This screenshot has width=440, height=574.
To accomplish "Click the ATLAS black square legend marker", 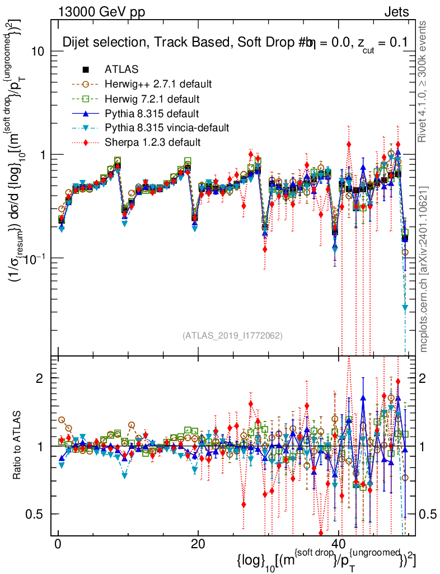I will [x=86, y=70].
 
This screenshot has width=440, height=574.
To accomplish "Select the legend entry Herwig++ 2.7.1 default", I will [x=158, y=84].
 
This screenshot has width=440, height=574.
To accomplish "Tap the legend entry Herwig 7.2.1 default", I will [x=152, y=99].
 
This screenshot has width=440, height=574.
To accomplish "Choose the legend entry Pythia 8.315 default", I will [x=152, y=113].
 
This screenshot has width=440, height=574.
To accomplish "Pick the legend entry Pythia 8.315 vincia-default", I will [x=167, y=128].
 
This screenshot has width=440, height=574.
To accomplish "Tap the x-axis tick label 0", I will [x=57, y=545].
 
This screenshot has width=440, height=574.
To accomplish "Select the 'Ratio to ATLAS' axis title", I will [x=17, y=446].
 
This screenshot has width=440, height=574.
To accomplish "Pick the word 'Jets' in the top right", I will [x=396, y=12].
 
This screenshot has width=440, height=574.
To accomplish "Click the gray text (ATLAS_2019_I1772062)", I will [x=232, y=336].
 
